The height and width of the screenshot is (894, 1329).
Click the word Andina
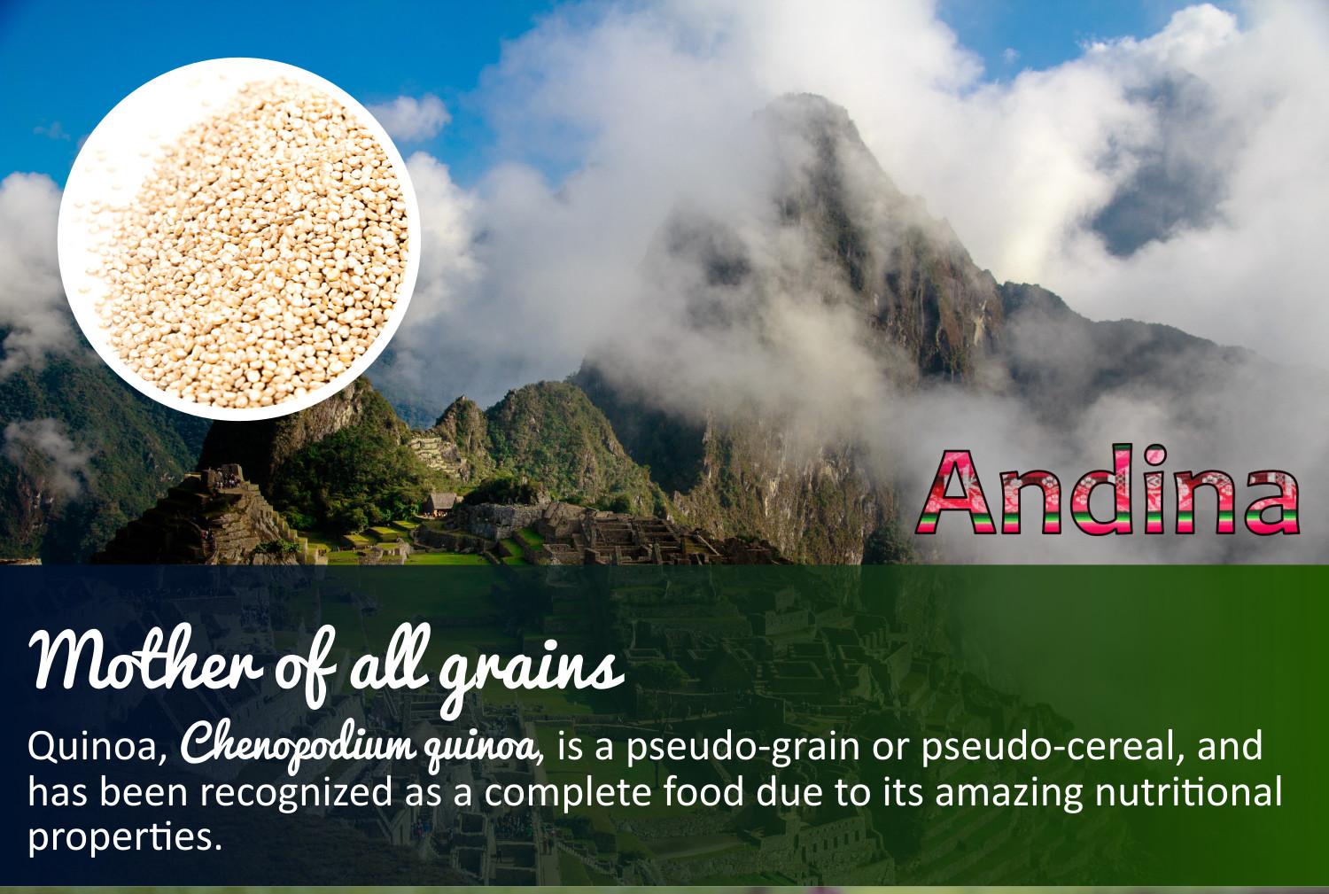(x=1107, y=492)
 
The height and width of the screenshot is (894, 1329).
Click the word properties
(x=123, y=836)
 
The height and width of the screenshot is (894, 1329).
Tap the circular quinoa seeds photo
(x=234, y=238)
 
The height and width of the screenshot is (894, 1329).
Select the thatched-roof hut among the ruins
(x=441, y=503)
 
